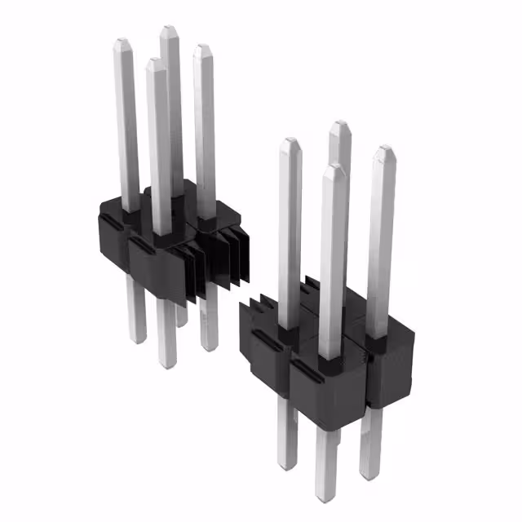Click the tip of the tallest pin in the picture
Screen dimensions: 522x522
pyautogui.click(x=169, y=29)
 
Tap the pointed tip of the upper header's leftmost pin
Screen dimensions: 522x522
pyautogui.click(x=123, y=41)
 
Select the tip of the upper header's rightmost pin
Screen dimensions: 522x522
pyautogui.click(x=201, y=49)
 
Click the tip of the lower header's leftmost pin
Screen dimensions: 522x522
pyautogui.click(x=289, y=141)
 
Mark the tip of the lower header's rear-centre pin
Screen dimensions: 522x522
pyautogui.click(x=340, y=124)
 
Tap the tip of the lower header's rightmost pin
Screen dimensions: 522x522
pyautogui.click(x=384, y=149)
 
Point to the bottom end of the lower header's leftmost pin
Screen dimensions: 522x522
pyautogui.click(x=286, y=466)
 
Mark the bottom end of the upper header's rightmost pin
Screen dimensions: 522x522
pyautogui.click(x=209, y=347)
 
